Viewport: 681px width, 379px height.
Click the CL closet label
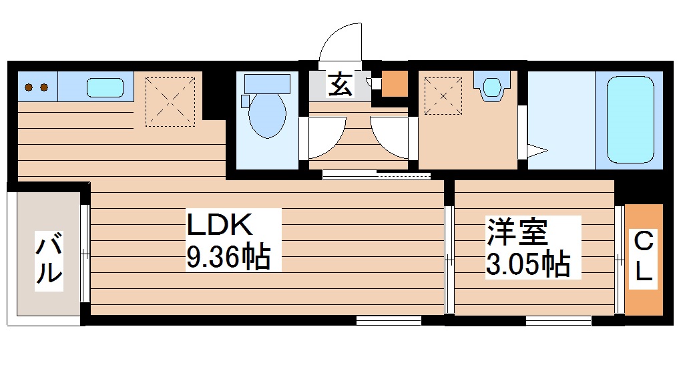pos(643,257)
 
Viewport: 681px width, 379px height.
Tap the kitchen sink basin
pos(105,87)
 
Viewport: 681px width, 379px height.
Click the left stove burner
pos(29,87)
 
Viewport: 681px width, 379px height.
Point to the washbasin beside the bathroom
pos(493,87)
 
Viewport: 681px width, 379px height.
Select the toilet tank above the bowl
pos(267,83)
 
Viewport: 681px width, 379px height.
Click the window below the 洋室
pos(558,320)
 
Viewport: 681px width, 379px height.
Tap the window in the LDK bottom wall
pos(388,320)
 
